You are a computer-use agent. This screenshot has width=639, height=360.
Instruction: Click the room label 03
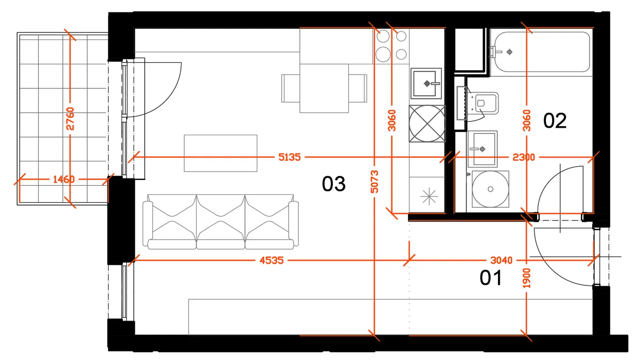pos(333,184)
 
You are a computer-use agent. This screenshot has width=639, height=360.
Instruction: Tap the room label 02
pos(554,121)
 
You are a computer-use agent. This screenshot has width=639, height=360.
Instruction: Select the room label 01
pos(490,278)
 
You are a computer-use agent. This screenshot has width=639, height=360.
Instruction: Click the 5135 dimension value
pos(290,157)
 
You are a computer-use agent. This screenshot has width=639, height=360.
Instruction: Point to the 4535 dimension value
pos(272,260)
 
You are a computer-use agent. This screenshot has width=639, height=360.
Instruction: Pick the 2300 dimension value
pos(523,157)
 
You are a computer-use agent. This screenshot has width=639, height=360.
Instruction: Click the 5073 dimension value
pos(374,182)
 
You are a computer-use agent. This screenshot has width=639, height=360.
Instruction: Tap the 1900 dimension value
pos(526,278)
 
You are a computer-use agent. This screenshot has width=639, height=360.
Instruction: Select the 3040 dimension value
pos(501,260)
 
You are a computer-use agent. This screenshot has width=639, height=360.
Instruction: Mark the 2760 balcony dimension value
pos(70,119)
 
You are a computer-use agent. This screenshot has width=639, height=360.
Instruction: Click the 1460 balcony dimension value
pos(64,179)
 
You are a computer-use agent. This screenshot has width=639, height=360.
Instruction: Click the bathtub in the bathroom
pos(541,52)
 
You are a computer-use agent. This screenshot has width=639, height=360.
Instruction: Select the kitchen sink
pos(426,83)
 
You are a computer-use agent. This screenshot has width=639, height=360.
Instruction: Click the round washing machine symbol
pos(490,189)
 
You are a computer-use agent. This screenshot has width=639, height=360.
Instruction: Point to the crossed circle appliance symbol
pos(427,124)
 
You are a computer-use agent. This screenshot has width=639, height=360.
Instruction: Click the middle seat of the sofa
pos(220,222)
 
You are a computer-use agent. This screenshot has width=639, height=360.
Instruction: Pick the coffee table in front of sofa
pos(220,153)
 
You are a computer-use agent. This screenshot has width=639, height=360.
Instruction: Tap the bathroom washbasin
pos(482,149)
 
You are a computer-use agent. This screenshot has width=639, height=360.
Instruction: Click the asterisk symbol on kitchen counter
pos(429,197)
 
